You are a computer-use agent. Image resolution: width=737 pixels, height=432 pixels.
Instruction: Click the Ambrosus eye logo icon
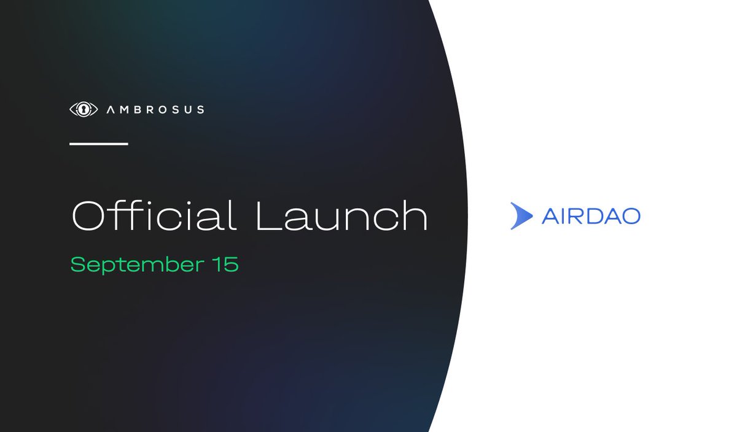coord(84,109)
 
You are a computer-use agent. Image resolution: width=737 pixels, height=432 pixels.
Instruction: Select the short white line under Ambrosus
coord(99,144)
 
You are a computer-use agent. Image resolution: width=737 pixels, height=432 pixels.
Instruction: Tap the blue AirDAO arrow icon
coord(521,215)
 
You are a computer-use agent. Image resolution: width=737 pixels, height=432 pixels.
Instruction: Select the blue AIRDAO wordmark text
coord(591,216)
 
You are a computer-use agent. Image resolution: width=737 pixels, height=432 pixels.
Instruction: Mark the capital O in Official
coord(90,216)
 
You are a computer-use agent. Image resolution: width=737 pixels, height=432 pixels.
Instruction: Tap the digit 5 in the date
coord(231,264)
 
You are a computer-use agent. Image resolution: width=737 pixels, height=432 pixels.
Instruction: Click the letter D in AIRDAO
coord(595,216)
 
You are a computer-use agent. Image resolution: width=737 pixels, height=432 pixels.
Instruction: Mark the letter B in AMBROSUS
coord(138,109)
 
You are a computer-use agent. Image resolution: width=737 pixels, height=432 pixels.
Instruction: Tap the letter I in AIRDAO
coord(563,216)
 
